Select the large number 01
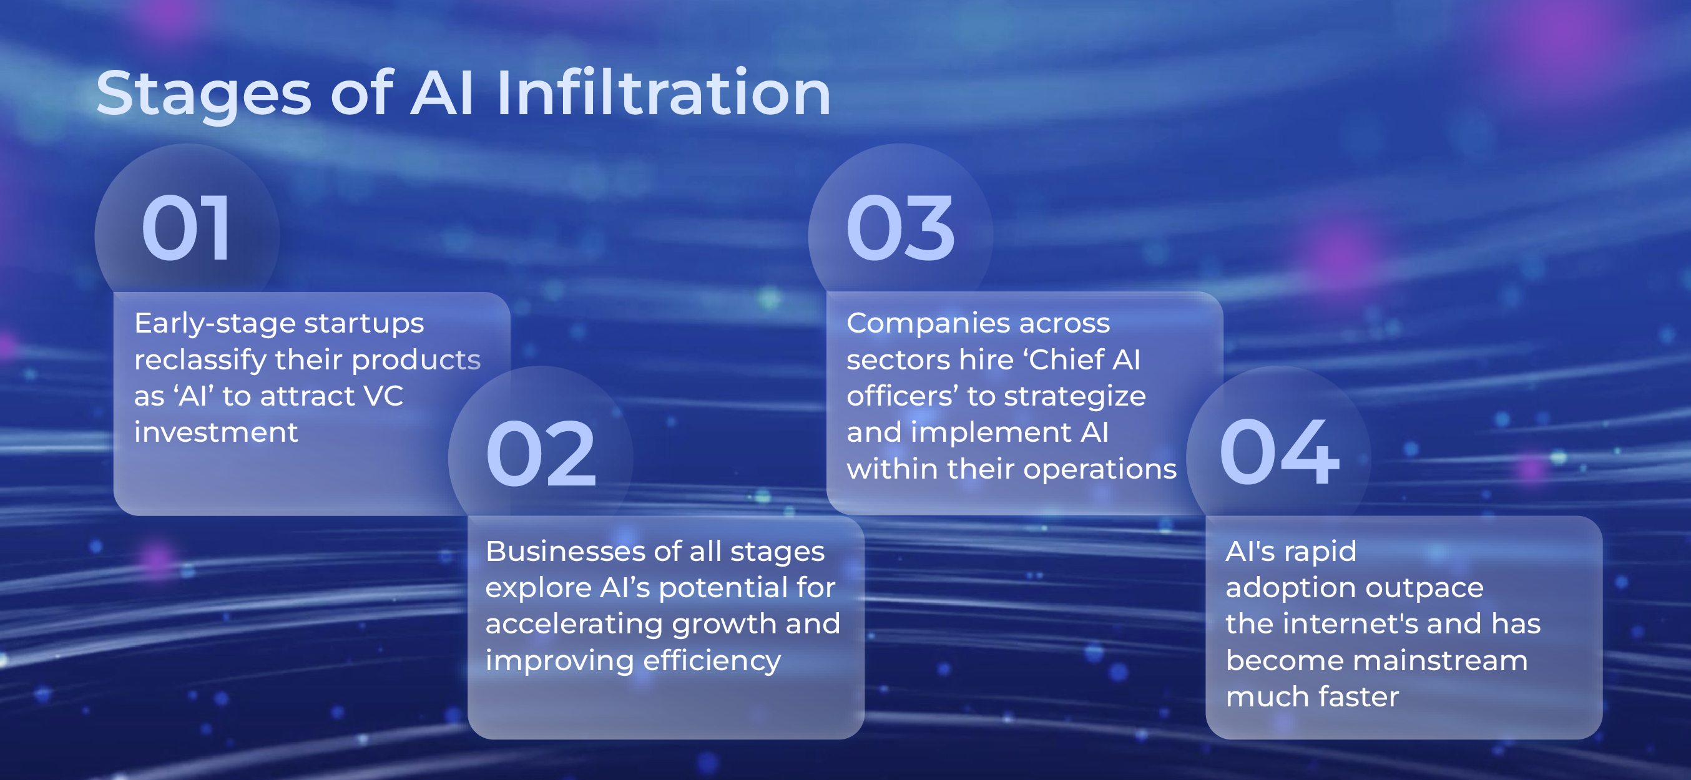tap(186, 228)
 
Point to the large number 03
tap(900, 228)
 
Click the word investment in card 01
tap(216, 432)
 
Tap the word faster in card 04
tap(1359, 696)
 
